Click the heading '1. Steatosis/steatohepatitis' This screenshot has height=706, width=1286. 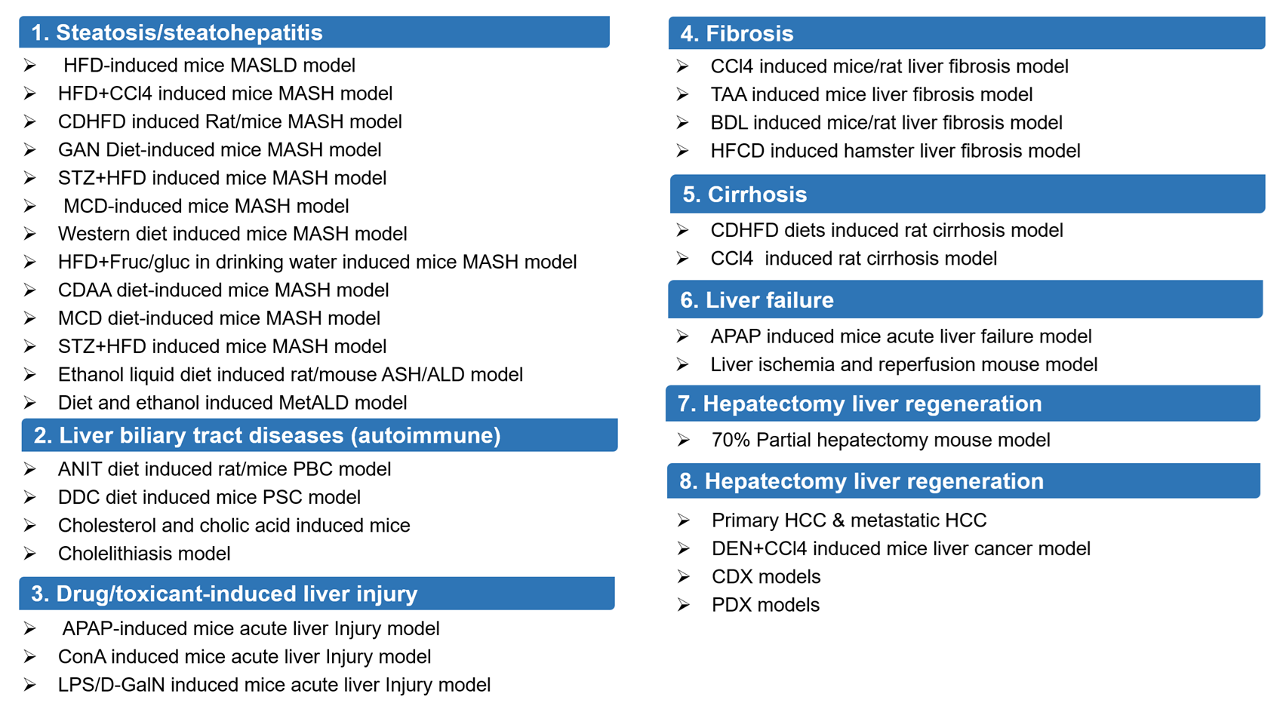[x=177, y=32]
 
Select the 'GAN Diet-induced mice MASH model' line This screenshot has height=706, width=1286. [x=219, y=149]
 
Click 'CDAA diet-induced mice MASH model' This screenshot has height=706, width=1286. [x=223, y=290]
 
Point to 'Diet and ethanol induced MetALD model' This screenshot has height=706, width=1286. [x=232, y=403]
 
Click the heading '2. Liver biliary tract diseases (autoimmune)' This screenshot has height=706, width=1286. [x=267, y=435]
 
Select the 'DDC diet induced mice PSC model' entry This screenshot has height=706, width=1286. [x=209, y=497]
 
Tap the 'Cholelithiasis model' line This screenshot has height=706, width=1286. [x=144, y=554]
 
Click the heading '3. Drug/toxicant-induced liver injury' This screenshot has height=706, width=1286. [x=224, y=594]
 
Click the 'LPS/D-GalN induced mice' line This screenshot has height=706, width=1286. [x=274, y=685]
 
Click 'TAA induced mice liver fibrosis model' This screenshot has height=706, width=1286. [x=871, y=94]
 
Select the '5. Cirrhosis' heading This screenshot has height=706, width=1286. [x=744, y=195]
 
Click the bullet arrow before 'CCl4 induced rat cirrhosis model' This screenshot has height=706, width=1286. [x=683, y=259]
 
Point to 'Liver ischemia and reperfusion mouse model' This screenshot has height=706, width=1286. [x=903, y=365]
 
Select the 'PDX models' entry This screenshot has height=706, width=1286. [x=765, y=605]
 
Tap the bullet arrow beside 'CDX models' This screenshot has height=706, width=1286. [x=684, y=577]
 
